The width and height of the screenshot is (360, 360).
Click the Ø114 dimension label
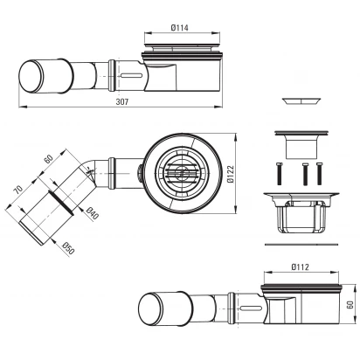tap(179, 28)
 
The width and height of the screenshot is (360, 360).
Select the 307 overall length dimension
tap(122, 101)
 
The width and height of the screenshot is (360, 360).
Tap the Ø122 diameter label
tap(231, 174)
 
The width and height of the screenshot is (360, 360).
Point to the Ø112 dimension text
tap(300, 267)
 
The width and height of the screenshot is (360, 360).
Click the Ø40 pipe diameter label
tap(93, 213)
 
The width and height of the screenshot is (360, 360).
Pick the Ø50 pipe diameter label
tap(68, 248)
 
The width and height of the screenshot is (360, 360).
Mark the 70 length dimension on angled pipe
tap(18, 190)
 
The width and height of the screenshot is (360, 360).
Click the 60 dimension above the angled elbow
tap(48, 159)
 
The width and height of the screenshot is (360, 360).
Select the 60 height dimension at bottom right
tap(350, 305)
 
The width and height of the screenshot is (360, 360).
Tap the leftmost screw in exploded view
tap(279, 174)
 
